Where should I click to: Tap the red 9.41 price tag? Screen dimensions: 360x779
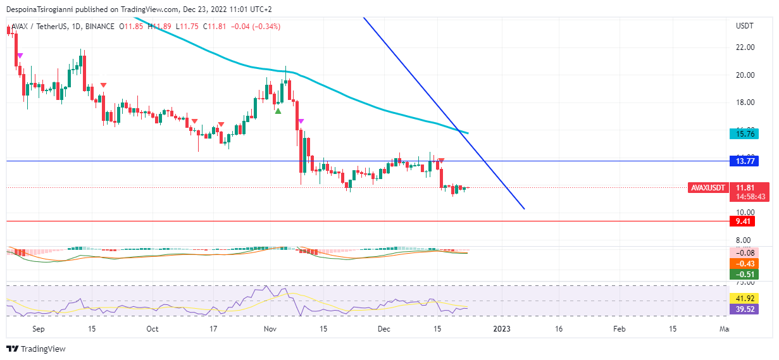(x=740, y=221)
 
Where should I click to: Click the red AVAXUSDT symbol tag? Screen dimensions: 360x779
(x=707, y=188)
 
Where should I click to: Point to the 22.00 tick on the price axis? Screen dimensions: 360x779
(x=745, y=47)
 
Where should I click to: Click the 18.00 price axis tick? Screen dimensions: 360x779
(x=745, y=102)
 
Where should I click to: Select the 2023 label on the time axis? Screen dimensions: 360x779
(x=502, y=329)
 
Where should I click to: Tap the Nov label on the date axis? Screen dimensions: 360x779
(x=270, y=329)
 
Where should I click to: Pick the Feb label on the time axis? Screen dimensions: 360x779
(x=620, y=329)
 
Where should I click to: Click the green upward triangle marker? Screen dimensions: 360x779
(x=278, y=111)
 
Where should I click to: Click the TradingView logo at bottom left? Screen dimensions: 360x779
(x=36, y=349)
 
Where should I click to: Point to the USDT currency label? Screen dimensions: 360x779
(x=745, y=26)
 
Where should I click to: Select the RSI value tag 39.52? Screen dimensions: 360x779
(x=743, y=309)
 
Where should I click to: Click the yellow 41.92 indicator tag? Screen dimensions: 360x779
(x=743, y=299)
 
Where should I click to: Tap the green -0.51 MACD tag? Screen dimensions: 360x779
(x=743, y=275)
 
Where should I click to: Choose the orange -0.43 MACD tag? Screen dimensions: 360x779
(x=743, y=264)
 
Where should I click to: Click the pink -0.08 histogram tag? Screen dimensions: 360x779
(x=743, y=253)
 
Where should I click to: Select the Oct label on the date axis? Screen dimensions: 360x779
(x=152, y=329)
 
